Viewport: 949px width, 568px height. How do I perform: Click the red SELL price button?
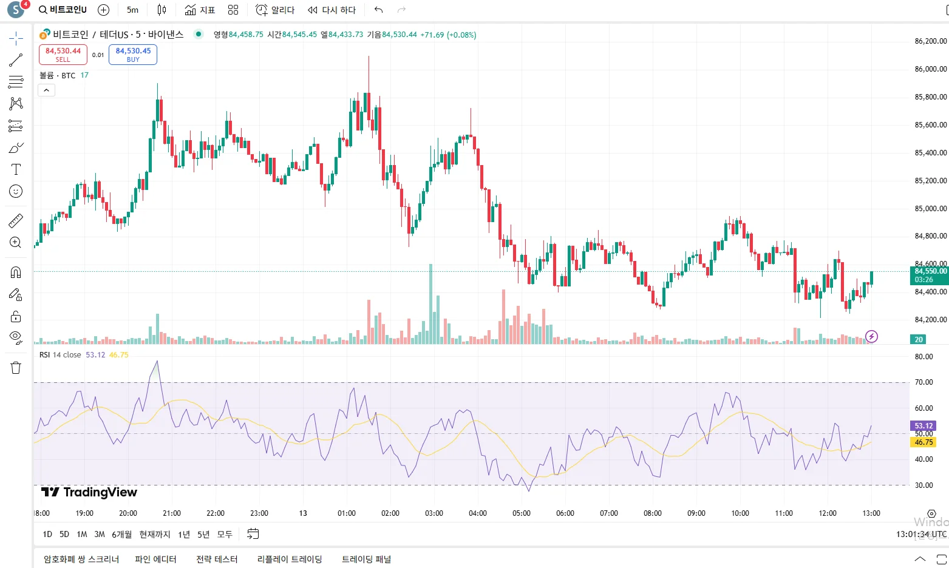(63, 55)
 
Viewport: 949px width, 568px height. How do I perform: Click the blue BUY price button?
(133, 55)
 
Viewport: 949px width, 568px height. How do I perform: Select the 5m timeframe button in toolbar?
(132, 10)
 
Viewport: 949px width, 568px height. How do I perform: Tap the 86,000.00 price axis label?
(930, 69)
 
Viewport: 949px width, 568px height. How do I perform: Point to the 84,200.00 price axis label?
(930, 320)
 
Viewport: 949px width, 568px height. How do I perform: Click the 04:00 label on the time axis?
(478, 513)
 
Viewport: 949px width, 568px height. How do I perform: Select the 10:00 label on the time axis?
(740, 513)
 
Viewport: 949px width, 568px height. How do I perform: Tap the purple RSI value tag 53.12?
(923, 426)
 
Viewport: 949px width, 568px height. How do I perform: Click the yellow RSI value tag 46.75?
(923, 442)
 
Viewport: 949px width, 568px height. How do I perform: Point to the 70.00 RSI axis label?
(924, 382)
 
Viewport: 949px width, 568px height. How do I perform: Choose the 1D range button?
(47, 535)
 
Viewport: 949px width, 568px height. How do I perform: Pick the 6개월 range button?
(121, 535)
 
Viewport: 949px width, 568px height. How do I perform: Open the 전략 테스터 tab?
(217, 560)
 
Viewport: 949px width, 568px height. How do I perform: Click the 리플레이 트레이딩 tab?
(290, 560)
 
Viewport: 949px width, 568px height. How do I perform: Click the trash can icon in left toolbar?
(16, 368)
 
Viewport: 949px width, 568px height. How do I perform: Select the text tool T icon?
(16, 169)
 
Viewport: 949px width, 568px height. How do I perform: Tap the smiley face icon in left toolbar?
(16, 191)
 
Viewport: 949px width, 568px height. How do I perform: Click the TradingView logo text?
(89, 492)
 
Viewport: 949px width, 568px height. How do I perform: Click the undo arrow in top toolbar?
(379, 10)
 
